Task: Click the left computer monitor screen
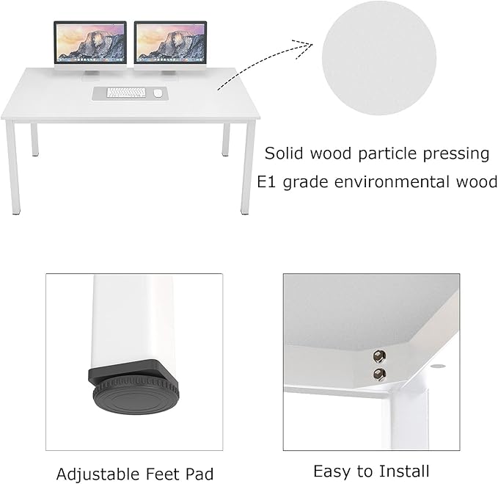(x=90, y=42)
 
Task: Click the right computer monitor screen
(x=171, y=42)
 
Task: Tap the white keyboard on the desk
(x=126, y=93)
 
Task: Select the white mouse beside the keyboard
(x=158, y=93)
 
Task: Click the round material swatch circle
(x=379, y=58)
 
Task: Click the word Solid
(x=284, y=153)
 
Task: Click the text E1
(x=266, y=182)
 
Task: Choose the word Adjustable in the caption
(x=98, y=474)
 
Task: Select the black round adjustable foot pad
(x=136, y=394)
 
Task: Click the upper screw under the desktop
(x=379, y=356)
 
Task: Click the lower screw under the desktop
(x=380, y=374)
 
